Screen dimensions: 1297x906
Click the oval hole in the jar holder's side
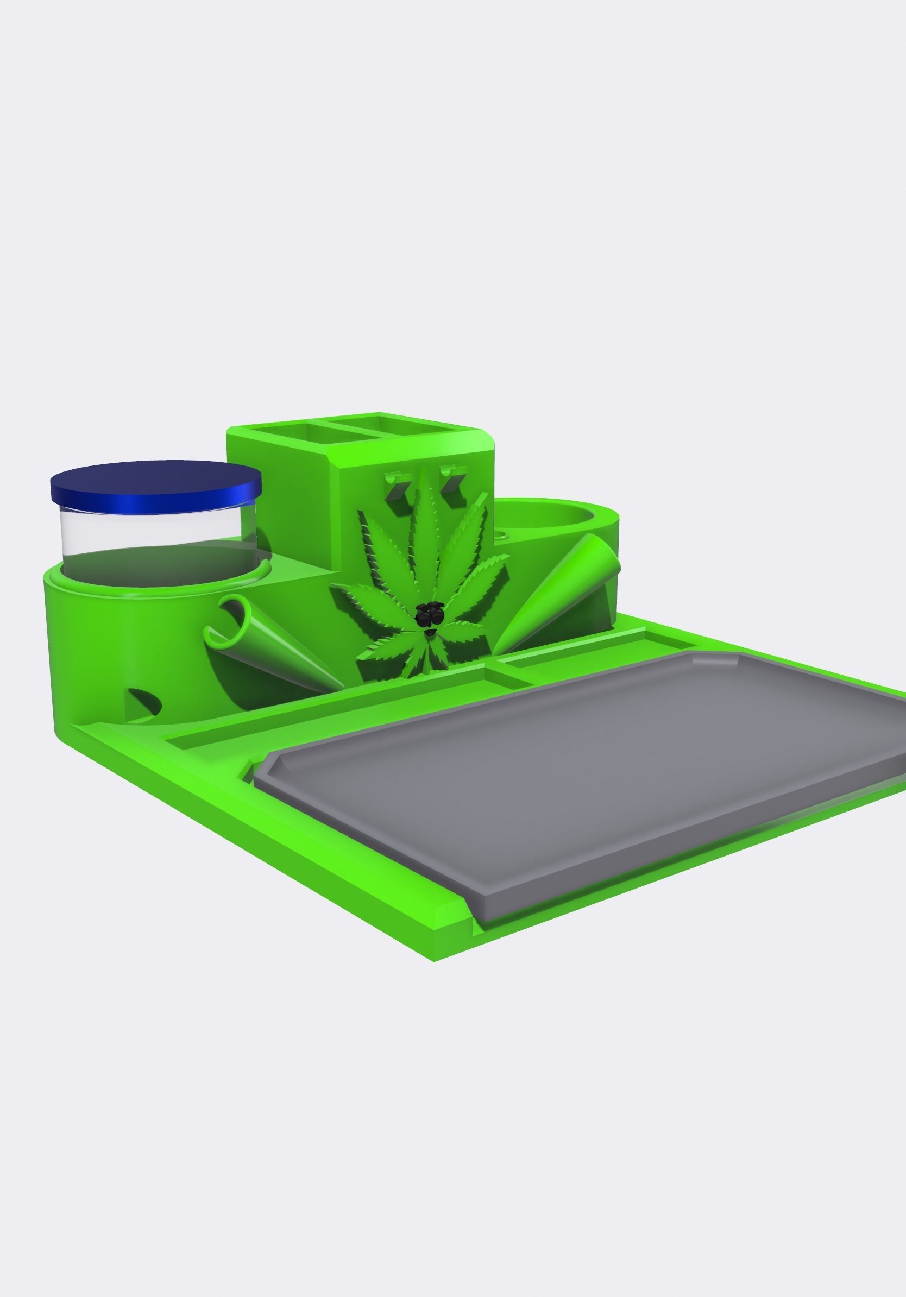pos(146,701)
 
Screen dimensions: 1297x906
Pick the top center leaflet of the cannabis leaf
pos(427,520)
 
